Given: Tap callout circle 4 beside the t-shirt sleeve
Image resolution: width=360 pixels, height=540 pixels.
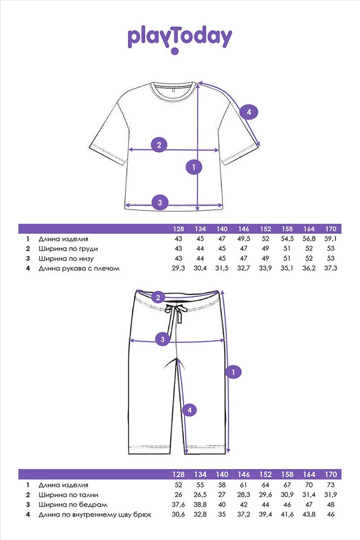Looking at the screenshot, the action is tap(248, 112).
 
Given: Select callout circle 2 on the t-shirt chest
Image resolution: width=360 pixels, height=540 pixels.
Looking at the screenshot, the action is tap(159, 145).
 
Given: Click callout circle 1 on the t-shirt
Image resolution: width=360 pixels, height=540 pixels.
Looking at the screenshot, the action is tap(194, 167).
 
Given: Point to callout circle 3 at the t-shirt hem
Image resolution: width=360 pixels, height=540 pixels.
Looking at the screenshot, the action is tap(160, 202).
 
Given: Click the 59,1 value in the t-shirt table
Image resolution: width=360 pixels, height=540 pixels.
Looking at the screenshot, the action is tap(330, 239).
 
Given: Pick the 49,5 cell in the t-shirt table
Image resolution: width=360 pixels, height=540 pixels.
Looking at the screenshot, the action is tap(243, 239).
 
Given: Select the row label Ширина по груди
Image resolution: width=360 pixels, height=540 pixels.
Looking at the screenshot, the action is tap(68, 248).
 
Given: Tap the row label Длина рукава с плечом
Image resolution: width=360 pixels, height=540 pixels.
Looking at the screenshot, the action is tap(79, 268).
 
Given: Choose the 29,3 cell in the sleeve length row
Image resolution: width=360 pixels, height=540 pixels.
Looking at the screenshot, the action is tap(178, 268).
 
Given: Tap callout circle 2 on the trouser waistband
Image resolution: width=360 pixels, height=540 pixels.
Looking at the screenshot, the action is tap(158, 297).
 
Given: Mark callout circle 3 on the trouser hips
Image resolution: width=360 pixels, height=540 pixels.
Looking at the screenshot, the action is tap(162, 340).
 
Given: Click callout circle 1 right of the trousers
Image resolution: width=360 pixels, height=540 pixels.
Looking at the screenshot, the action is tap(233, 372).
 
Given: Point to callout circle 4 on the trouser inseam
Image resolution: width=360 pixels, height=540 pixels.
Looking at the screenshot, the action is tap(189, 410).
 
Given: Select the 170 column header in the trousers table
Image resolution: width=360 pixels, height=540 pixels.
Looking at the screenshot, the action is tap(330, 474).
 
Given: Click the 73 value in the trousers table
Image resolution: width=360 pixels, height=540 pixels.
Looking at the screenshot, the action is tap(330, 485).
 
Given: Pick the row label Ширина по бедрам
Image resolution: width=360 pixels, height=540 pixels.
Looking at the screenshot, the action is tap(73, 505).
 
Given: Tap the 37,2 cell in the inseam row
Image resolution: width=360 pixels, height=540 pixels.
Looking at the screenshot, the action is tap(243, 515).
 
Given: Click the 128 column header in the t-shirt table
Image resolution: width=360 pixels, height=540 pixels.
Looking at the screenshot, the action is tap(178, 228).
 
